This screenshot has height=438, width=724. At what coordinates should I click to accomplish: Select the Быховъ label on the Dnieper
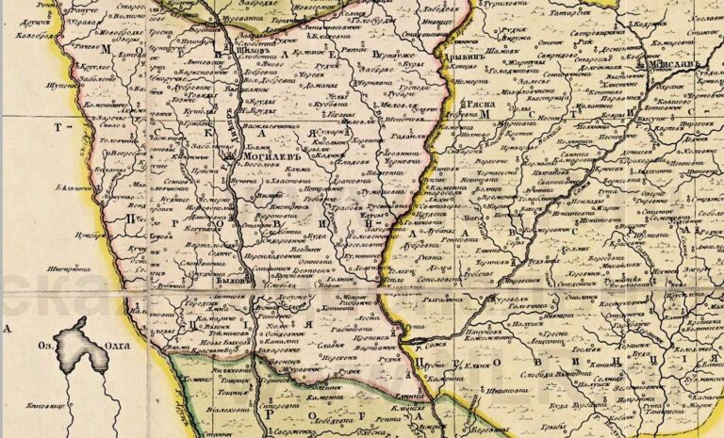click(233, 280)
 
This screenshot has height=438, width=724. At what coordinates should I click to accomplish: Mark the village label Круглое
click(95, 69)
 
